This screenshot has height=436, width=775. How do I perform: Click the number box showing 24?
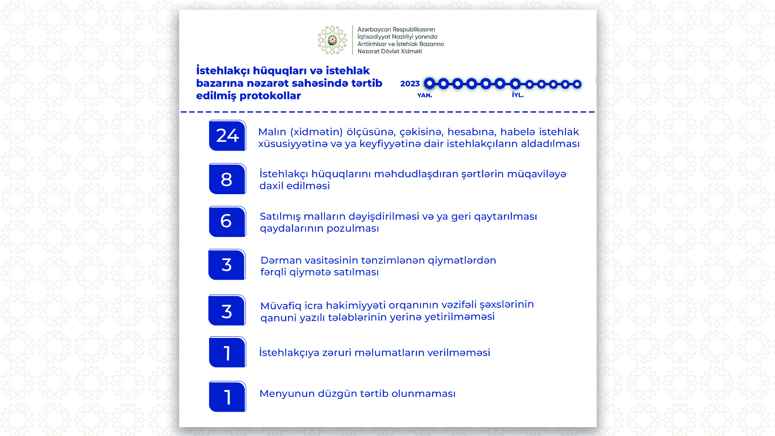227,136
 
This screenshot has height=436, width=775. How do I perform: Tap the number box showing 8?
227,179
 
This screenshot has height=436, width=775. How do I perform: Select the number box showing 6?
227,222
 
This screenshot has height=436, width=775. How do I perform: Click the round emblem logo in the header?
332,40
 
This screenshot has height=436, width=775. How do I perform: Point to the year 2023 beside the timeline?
410,84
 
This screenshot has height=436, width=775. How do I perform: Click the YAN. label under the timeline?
424,95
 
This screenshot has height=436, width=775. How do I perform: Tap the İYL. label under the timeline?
517,95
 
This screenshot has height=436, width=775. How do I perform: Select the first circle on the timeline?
429,84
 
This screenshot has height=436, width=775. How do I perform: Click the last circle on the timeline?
577,84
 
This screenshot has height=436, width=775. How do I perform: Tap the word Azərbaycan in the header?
374,29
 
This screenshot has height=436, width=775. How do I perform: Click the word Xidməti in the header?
411,51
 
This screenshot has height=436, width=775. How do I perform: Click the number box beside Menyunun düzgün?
227,397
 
